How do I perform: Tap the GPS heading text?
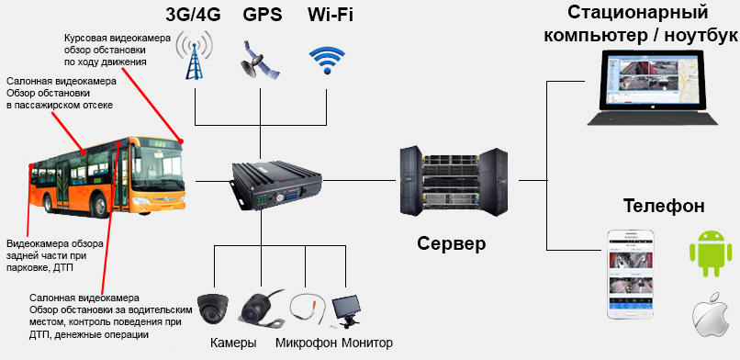point(262,16)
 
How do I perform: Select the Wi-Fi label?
point(326,16)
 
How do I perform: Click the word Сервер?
point(451,244)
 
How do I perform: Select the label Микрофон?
point(306,343)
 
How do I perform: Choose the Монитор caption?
point(367,343)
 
